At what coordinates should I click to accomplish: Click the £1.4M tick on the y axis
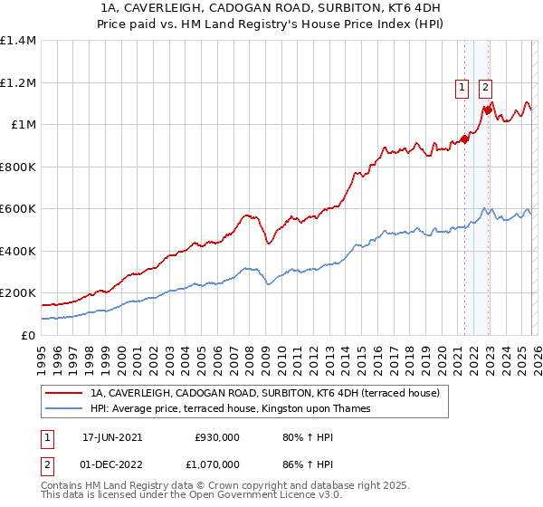pos(18,41)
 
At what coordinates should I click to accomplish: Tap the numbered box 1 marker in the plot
pos(462,88)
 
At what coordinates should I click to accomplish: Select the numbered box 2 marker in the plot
pos(485,88)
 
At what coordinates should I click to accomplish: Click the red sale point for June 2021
pos(464,139)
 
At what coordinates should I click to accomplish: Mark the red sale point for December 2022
pos(488,110)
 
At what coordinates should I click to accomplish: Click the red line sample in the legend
pos(65,393)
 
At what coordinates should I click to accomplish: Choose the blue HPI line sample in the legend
pos(65,408)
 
